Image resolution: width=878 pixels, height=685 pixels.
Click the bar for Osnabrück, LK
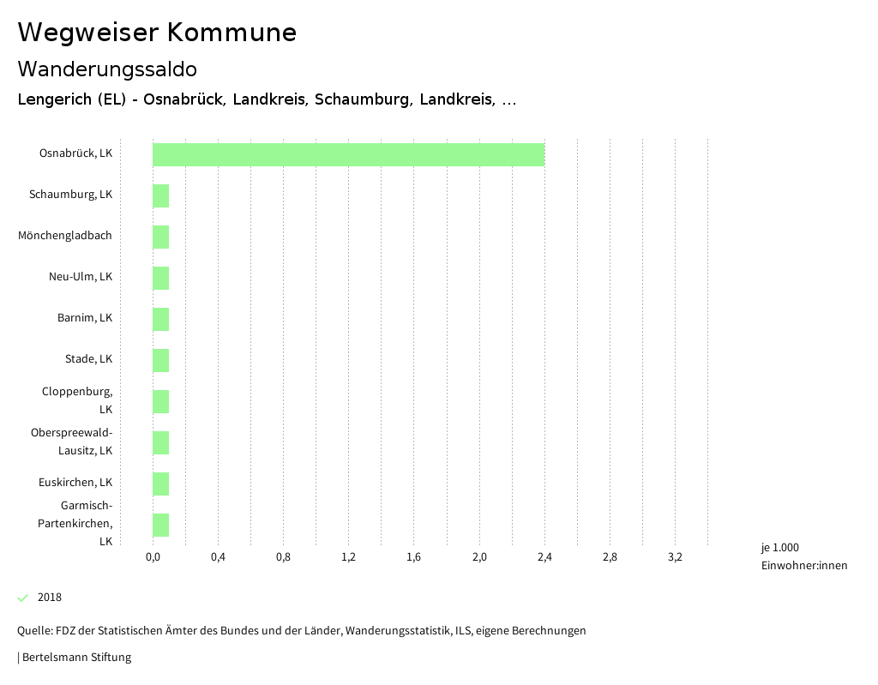point(348,154)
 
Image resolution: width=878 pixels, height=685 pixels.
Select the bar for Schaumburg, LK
point(161,195)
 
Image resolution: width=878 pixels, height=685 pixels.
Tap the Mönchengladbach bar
point(161,237)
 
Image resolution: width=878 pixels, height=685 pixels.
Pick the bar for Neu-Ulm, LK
point(161,278)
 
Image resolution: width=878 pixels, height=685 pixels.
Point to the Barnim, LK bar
point(161,319)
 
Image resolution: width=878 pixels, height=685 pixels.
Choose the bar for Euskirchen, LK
point(161,484)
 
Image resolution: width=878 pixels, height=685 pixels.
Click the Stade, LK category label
point(88,358)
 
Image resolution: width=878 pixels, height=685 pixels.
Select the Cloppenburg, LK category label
point(77,400)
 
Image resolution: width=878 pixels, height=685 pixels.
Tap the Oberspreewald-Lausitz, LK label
point(71,441)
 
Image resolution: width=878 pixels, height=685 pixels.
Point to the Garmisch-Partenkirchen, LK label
point(75,523)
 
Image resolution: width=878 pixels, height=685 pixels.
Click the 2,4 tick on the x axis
point(544,557)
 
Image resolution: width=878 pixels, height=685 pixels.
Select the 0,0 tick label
point(153,557)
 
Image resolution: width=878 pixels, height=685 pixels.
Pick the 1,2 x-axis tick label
point(348,557)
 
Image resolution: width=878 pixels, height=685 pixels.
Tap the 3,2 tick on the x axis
point(675,557)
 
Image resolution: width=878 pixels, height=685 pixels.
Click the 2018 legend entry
point(50,598)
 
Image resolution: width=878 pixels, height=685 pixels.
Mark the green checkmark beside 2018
point(23,598)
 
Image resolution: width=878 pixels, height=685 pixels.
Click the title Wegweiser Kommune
point(157,33)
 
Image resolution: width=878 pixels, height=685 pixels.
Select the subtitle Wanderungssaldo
point(107,69)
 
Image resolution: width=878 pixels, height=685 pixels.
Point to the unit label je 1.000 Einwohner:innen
point(803,556)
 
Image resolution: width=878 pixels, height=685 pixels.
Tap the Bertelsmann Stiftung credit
point(75,658)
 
